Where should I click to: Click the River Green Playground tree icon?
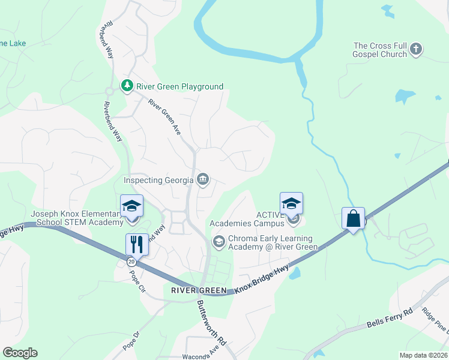127,86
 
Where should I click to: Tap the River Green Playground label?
179,86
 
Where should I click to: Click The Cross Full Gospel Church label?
381,50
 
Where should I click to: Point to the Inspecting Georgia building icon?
203,179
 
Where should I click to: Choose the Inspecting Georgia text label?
158,180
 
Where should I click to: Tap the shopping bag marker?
354,218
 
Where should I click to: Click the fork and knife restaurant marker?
136,244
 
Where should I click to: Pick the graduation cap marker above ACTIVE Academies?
291,203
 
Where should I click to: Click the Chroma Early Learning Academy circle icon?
218,242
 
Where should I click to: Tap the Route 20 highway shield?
131,262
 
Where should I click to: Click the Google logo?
20,353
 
